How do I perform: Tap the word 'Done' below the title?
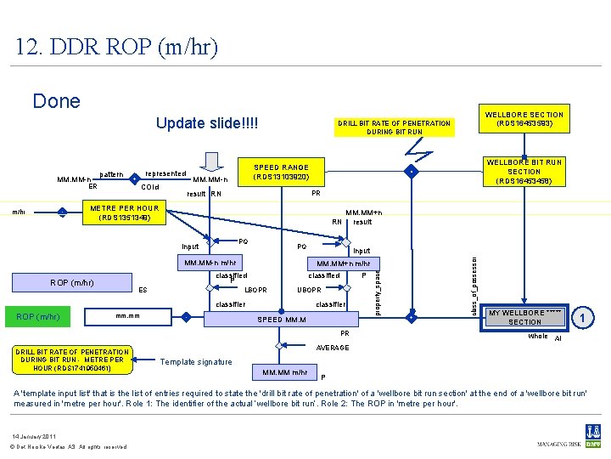(56, 102)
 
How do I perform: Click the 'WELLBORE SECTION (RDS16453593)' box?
(524, 120)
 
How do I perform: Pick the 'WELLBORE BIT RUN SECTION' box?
(524, 172)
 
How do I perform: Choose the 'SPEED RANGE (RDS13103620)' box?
(282, 173)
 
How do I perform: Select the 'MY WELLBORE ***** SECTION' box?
(524, 317)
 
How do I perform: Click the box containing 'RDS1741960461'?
(72, 360)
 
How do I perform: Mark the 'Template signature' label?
(196, 362)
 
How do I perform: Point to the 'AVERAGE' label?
(332, 348)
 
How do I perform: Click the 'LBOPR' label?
(255, 290)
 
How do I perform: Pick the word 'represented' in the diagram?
(166, 173)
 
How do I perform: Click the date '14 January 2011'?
(36, 436)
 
